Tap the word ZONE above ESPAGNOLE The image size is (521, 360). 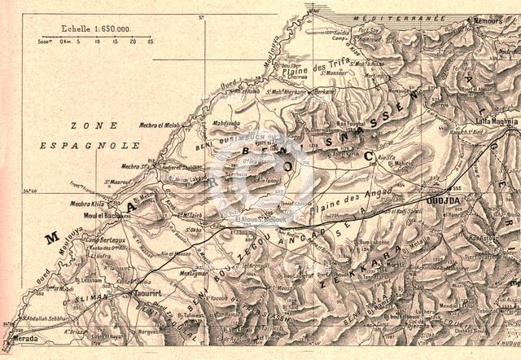[x=88, y=125]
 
